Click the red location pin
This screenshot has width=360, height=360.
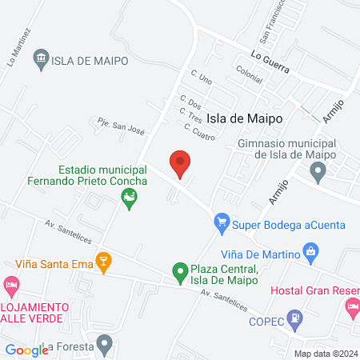point(181,163)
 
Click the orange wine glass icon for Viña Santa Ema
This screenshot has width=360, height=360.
point(102,261)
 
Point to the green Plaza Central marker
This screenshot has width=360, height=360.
point(180,274)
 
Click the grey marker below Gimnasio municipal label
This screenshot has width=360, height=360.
point(318,171)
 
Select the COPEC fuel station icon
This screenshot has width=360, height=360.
point(296,319)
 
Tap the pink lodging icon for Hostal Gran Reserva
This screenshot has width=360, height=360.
point(352,306)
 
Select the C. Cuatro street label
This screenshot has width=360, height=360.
point(199,130)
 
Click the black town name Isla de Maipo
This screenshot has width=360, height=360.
point(245,118)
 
